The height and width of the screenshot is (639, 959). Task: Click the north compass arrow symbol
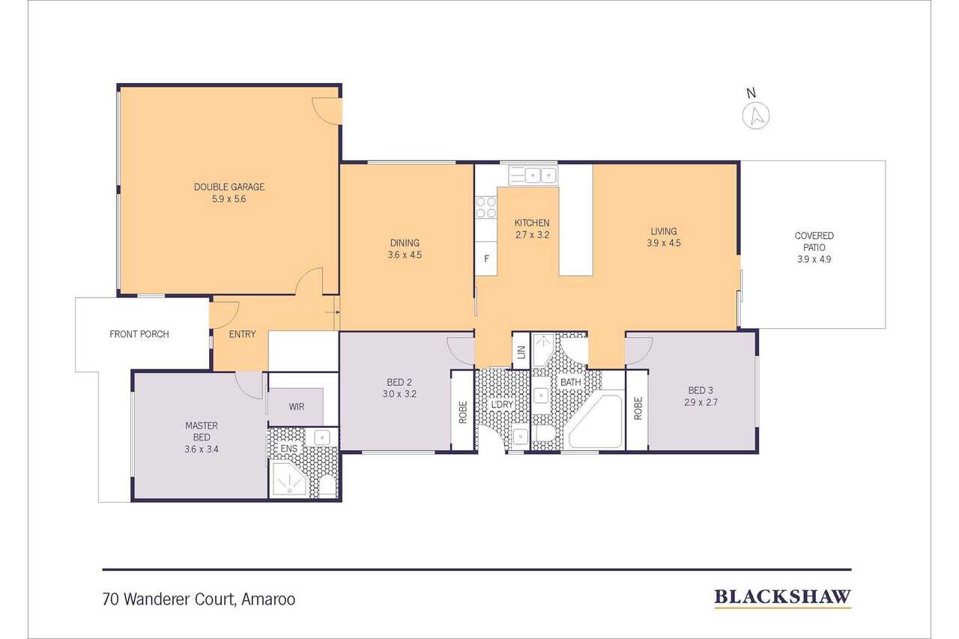756,116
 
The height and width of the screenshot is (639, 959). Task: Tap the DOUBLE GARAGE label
229,187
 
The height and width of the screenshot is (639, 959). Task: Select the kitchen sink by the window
533,175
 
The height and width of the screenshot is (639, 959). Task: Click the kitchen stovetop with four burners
486,208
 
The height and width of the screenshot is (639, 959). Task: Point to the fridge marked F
486,258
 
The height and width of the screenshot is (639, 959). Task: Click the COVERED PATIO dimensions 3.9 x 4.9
814,259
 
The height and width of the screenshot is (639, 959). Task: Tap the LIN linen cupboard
521,351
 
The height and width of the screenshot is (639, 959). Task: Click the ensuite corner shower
289,479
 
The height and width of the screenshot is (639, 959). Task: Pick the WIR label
296,407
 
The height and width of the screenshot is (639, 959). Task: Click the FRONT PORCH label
139,334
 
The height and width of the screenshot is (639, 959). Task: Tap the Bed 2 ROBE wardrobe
462,411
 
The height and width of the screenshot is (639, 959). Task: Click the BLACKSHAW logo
783,597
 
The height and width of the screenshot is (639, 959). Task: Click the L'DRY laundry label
502,405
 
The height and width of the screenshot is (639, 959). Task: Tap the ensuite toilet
328,487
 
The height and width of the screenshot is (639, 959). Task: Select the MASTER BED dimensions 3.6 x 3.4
202,449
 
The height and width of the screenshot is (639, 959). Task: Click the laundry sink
521,437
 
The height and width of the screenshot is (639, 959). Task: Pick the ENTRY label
242,334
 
